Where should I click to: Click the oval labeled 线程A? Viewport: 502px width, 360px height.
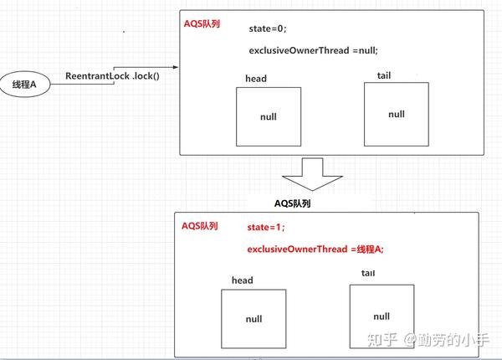coord(24,85)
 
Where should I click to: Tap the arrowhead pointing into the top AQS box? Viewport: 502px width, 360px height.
coord(174,67)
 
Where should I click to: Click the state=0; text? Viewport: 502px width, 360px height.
coord(268,28)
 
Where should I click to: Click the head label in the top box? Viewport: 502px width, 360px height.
coord(256,78)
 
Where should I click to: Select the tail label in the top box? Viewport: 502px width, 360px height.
coord(386,75)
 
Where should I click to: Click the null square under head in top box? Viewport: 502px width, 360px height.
coord(269,116)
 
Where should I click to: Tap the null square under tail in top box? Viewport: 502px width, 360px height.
coord(397,113)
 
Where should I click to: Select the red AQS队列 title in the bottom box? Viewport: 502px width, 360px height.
coord(200,226)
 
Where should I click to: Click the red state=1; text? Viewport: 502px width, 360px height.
coord(265,227)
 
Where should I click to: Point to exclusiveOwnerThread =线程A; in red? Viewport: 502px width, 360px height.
coord(315,249)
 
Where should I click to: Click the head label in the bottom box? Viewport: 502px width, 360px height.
coord(242,280)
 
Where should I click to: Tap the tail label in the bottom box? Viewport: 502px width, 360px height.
coord(368,274)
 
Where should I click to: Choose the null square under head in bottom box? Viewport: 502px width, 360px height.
coord(254,319)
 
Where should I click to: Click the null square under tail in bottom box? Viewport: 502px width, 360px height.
coord(382,316)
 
